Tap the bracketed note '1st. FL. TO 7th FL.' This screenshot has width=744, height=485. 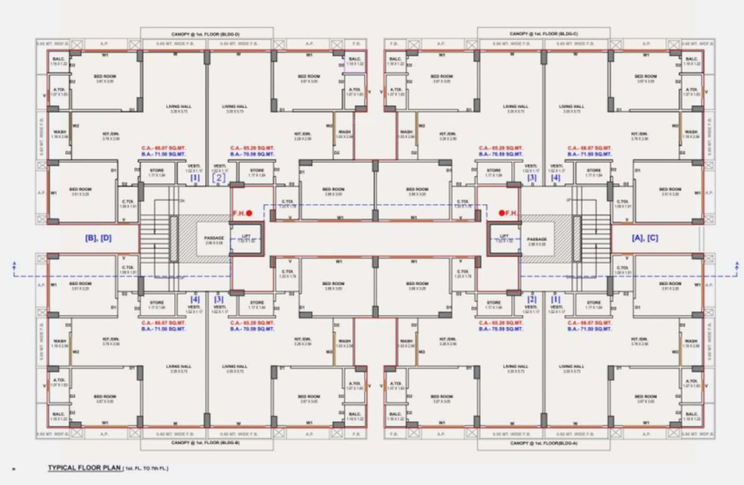click(x=146, y=469)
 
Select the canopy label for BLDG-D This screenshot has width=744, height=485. click(x=206, y=34)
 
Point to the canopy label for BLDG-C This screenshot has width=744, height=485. click(x=544, y=34)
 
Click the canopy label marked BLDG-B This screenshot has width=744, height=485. click(x=206, y=443)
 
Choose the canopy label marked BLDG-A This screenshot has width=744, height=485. click(x=544, y=443)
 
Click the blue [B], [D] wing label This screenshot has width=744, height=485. click(x=99, y=238)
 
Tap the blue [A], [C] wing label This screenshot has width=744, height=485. click(x=645, y=238)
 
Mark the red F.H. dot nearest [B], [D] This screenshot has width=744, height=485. click(x=249, y=213)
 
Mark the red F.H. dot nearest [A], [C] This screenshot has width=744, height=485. click(x=501, y=213)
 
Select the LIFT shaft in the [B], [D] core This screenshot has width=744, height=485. click(x=246, y=239)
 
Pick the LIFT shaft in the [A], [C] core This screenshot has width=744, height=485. click(x=503, y=239)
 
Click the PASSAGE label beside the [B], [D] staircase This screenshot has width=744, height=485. click(x=214, y=239)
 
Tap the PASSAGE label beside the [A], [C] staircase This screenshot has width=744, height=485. click(x=536, y=239)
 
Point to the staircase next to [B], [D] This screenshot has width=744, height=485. click(x=154, y=239)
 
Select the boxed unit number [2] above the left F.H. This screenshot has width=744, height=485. click(x=219, y=177)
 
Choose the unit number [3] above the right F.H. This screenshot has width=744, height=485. click(x=532, y=177)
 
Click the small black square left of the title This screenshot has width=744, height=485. click(x=13, y=469)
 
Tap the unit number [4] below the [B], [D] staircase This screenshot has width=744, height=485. click(x=195, y=299)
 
